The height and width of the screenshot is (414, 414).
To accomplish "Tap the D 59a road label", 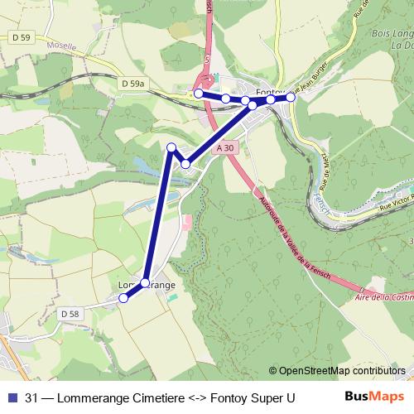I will click(x=132, y=84).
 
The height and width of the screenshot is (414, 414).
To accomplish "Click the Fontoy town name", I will click(x=271, y=90).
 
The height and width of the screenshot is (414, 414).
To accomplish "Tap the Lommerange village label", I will click(x=147, y=285).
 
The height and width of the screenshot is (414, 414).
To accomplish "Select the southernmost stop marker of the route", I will click(x=124, y=299).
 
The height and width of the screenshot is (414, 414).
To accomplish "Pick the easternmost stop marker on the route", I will click(x=291, y=97).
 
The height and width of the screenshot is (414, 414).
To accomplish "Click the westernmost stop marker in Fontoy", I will click(x=199, y=94).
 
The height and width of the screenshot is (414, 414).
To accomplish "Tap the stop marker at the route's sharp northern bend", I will click(x=172, y=147).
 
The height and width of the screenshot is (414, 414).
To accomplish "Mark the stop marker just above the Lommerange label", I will click(x=145, y=283).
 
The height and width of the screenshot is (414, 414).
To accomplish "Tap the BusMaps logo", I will click(x=375, y=397).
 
